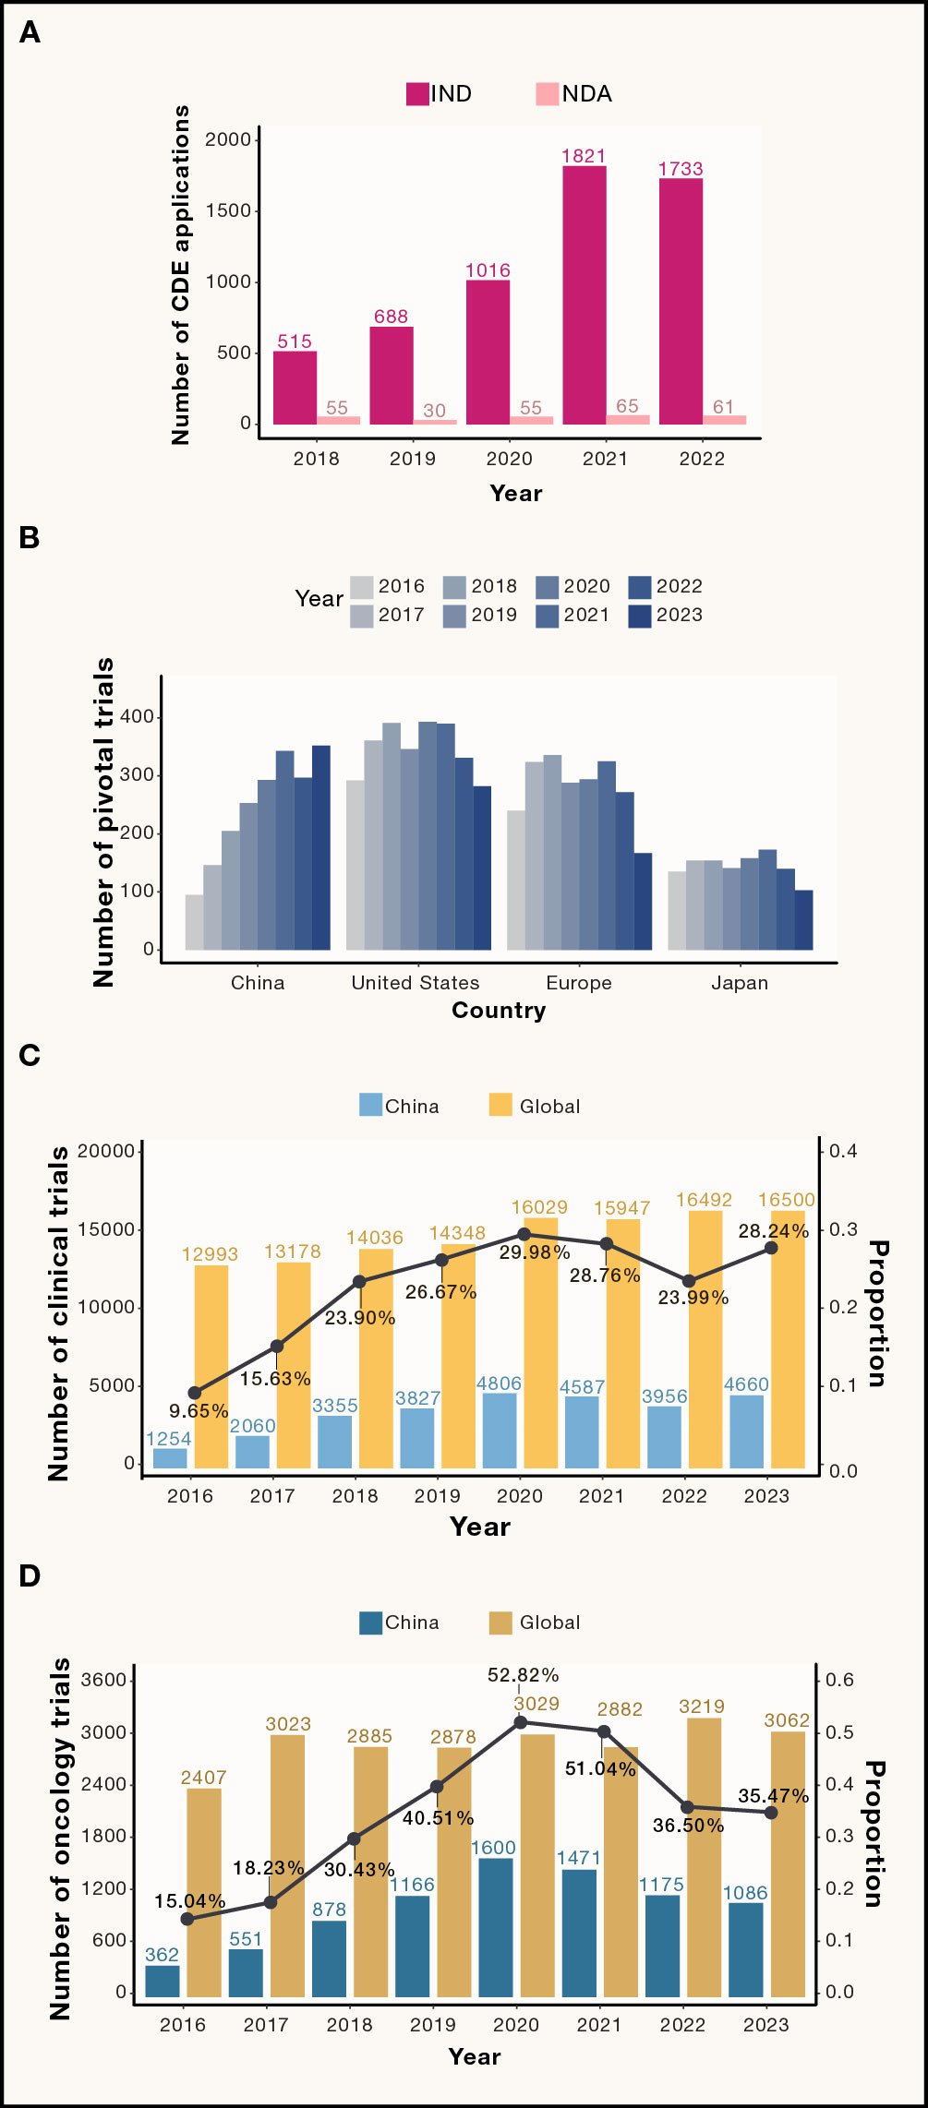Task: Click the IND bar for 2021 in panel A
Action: pos(585,295)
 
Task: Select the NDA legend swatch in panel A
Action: pos(547,94)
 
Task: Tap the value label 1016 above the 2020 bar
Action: pos(488,270)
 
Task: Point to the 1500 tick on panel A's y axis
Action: pos(228,210)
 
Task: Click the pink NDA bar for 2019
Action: pos(435,422)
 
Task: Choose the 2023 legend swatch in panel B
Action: pos(640,616)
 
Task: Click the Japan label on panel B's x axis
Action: pos(740,983)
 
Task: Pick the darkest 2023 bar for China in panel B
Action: pos(321,847)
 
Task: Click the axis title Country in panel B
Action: pos(499,1011)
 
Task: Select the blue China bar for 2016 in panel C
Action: pos(170,1458)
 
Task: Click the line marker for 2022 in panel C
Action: pos(688,1281)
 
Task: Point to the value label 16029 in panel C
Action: pos(539,1207)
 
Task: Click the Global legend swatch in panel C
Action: pos(500,1105)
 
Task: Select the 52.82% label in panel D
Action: pos(524,1675)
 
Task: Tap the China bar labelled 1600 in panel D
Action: pos(496,1927)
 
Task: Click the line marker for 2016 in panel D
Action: pos(187,1919)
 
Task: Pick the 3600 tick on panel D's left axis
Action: pos(103,1680)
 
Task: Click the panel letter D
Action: pos(30,1576)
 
